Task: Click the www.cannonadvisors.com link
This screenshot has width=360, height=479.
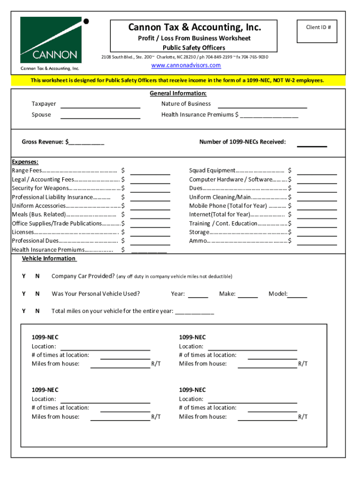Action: (x=186, y=65)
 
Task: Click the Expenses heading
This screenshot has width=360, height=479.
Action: (x=25, y=162)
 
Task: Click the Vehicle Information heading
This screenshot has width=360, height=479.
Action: (x=49, y=259)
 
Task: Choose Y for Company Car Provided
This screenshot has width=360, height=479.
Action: (x=24, y=276)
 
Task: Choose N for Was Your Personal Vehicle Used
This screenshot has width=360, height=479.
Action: (x=37, y=294)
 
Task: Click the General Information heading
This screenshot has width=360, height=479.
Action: (x=178, y=94)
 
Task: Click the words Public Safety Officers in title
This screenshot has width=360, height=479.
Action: (x=194, y=48)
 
